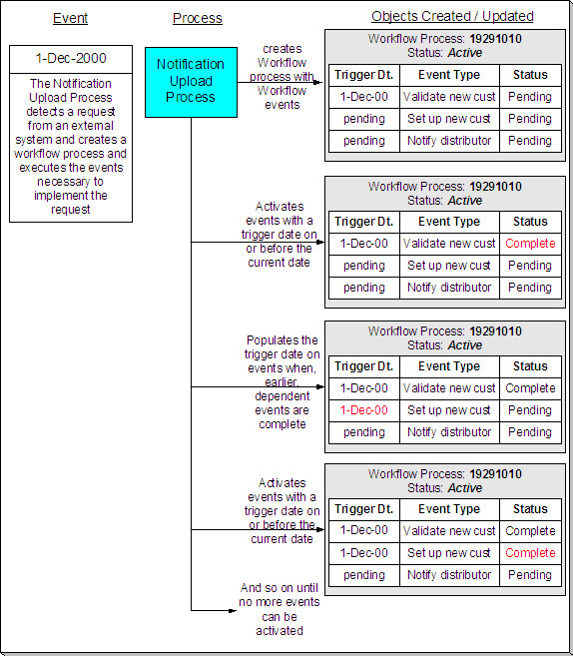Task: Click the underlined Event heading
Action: (70, 18)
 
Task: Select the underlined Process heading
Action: (198, 18)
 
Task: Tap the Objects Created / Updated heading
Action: (452, 16)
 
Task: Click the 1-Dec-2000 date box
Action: (70, 59)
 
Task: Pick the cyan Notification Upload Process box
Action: (191, 82)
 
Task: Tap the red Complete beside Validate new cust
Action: (530, 244)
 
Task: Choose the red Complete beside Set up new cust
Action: (530, 553)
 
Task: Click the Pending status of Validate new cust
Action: (530, 97)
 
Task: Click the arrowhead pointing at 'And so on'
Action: (234, 609)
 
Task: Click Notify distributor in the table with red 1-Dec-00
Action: (448, 432)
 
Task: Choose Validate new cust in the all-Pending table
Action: (448, 97)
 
